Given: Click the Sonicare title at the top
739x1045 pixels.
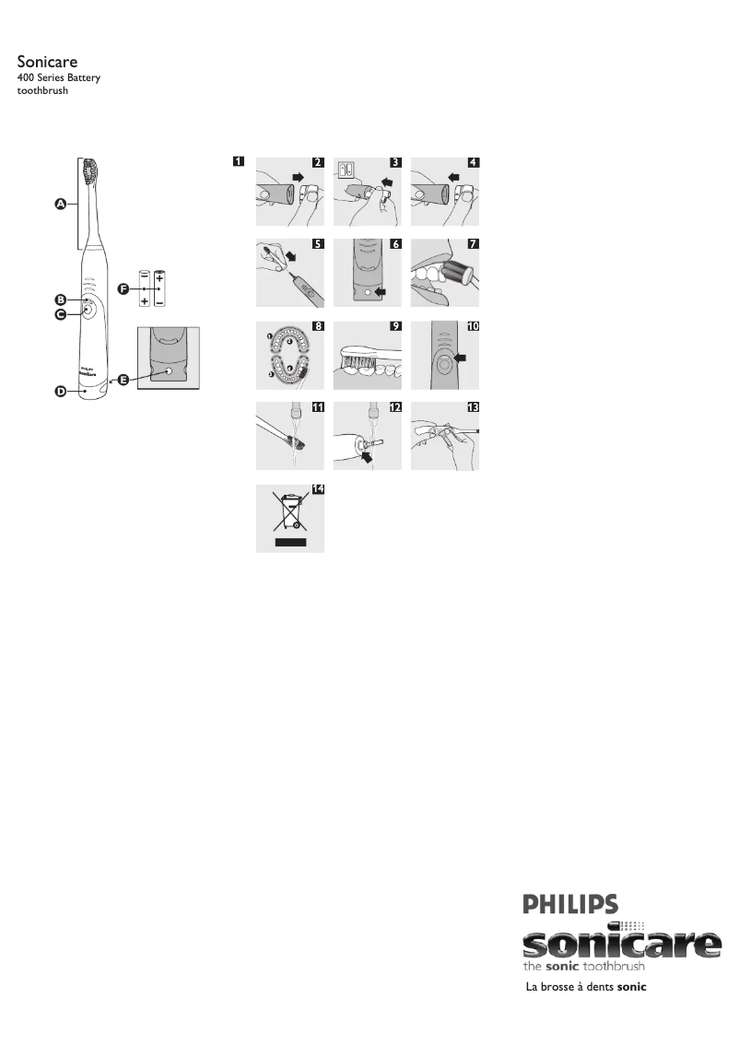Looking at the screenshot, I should [x=46, y=61].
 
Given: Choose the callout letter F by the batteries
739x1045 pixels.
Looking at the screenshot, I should [x=123, y=288].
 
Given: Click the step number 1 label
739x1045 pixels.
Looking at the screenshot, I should [x=239, y=162].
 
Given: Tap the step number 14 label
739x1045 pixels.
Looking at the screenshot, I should [x=318, y=489].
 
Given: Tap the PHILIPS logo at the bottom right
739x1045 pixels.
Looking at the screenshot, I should [x=570, y=903].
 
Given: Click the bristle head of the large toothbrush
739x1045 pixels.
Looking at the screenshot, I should [x=91, y=170].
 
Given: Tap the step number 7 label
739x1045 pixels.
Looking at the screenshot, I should [x=473, y=245].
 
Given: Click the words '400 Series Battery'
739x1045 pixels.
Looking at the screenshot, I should [x=59, y=78].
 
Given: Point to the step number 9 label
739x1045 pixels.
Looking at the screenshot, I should [x=395, y=326].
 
